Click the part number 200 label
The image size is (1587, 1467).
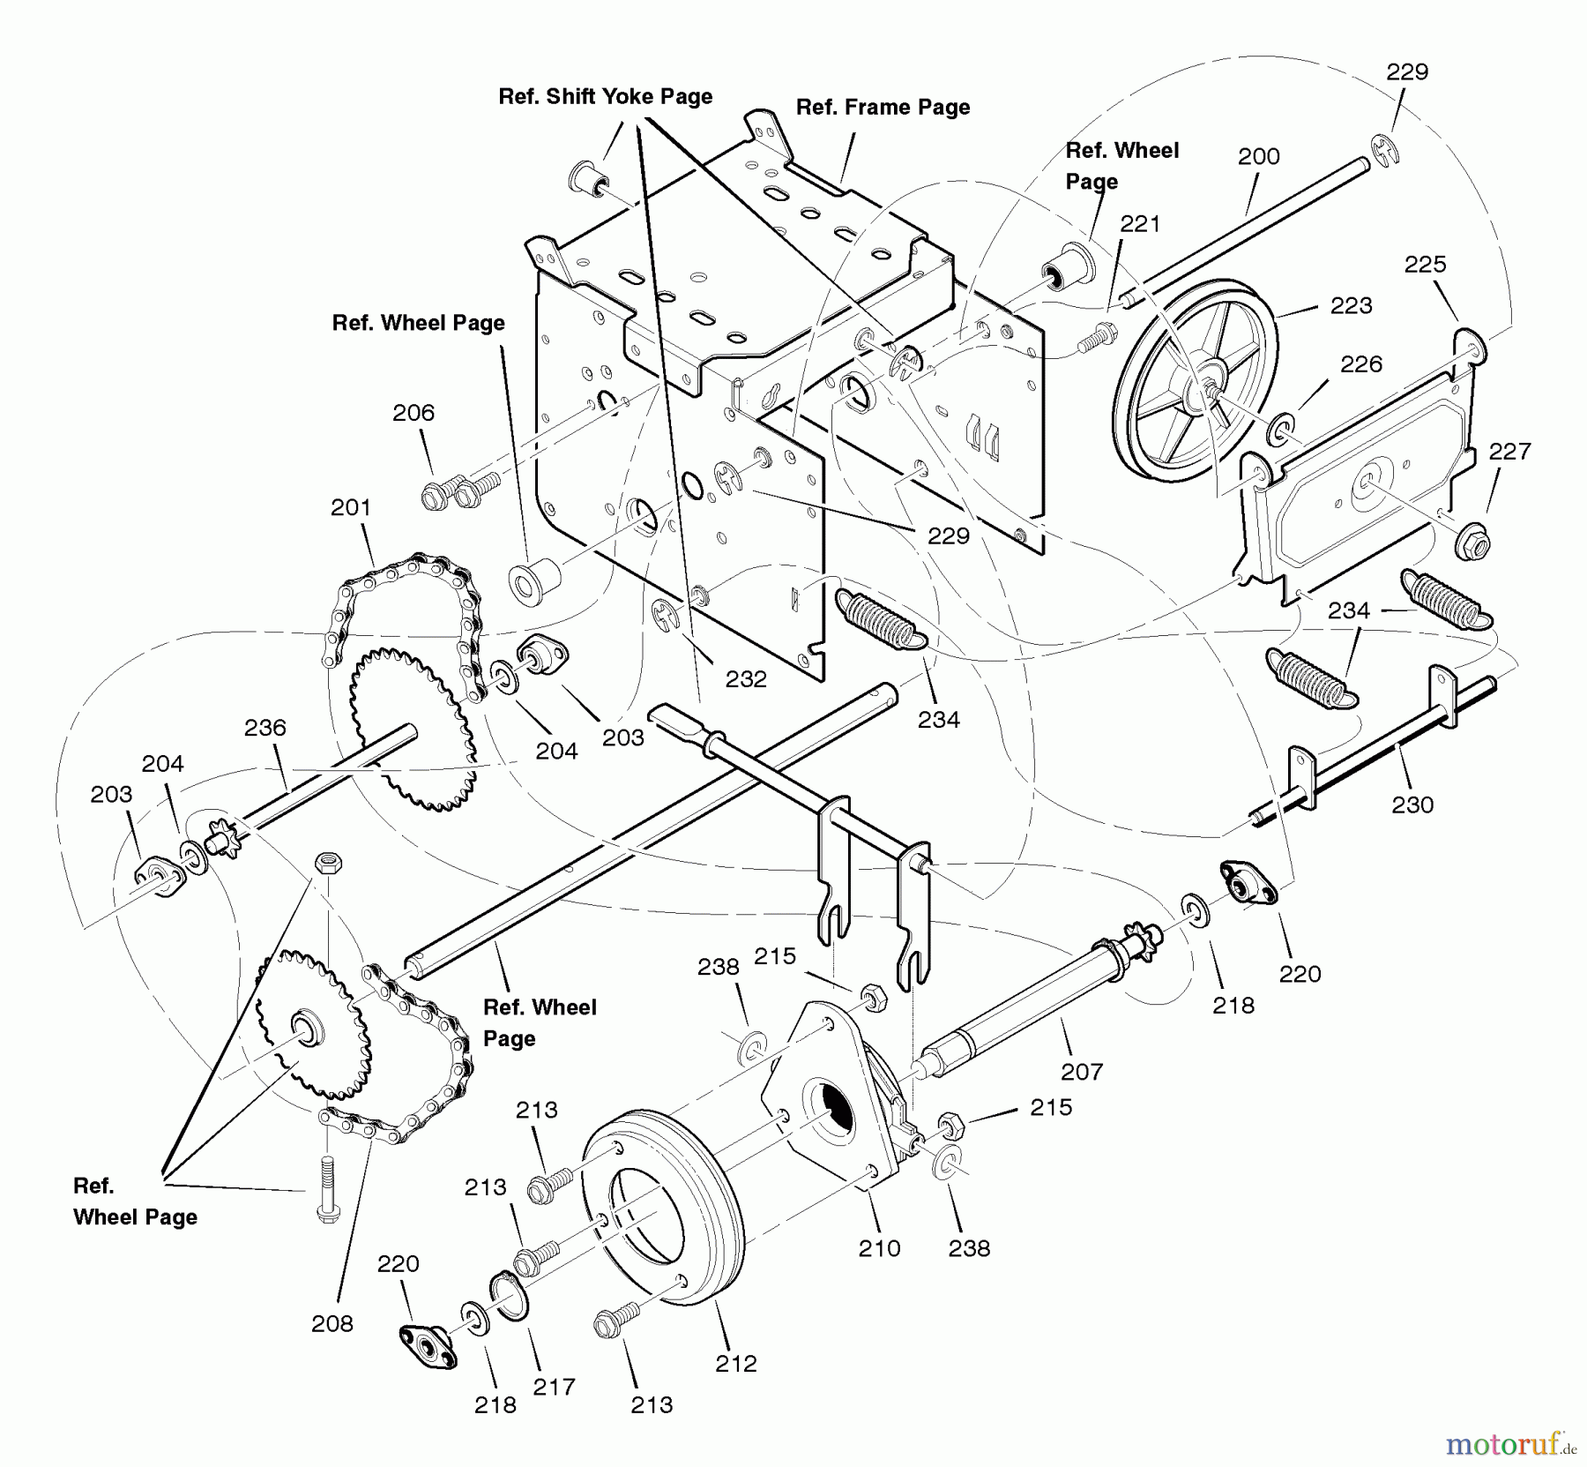pos(1258,156)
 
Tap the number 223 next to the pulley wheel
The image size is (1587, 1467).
pos(1351,305)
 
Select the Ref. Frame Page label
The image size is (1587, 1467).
pos(883,107)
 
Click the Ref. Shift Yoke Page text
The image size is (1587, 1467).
pos(605,96)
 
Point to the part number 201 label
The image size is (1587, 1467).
pos(351,507)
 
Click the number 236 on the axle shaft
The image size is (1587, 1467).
pos(264,727)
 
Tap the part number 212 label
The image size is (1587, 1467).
pos(736,1363)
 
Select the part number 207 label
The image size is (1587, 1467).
pos(1082,1071)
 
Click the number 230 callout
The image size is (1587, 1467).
pos(1412,804)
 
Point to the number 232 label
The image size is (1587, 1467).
pos(746,678)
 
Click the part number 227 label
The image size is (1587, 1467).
pos(1509,451)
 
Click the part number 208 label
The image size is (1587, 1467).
pos(332,1322)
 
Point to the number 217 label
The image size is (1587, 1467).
pos(554,1386)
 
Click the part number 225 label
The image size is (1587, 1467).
pos(1425,264)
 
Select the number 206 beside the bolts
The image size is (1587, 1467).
pos(414,412)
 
